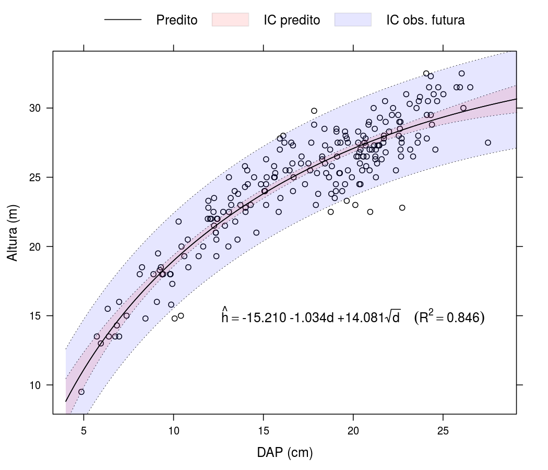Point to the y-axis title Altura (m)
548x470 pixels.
[13, 233]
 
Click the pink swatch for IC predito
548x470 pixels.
[230, 20]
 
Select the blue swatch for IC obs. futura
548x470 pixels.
[353, 20]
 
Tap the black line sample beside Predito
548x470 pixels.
[123, 20]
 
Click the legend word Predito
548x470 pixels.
[177, 20]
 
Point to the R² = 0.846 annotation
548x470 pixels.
[449, 317]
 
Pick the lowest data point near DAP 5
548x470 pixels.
[81, 392]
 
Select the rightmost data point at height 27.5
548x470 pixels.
[488, 143]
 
